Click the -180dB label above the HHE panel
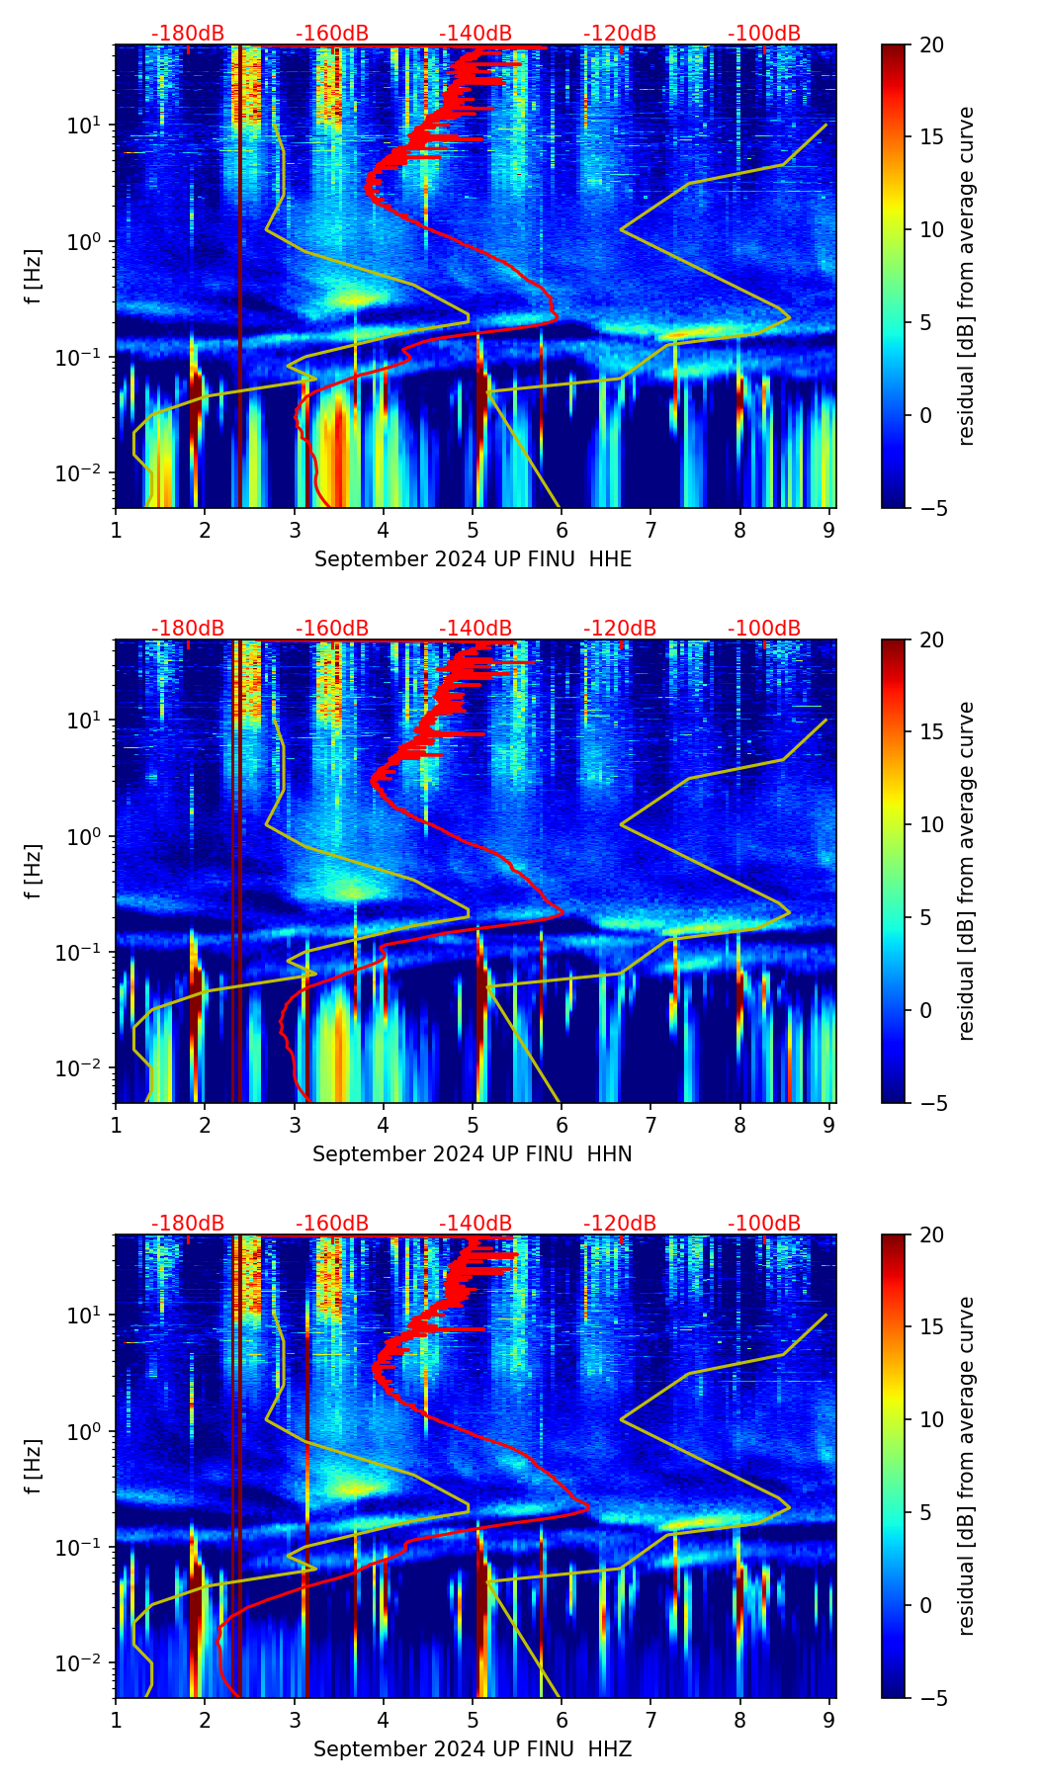click(188, 34)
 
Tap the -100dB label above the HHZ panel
click(764, 1224)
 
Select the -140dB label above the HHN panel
click(476, 629)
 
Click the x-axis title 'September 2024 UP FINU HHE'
click(473, 559)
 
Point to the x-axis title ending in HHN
click(473, 1154)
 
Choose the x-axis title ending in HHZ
click(473, 1749)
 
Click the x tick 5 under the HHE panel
click(473, 530)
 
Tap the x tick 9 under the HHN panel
click(829, 1125)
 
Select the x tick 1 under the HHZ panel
click(116, 1720)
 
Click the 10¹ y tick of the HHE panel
click(81, 126)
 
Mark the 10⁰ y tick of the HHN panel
click(81, 837)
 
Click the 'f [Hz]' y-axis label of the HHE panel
click(34, 277)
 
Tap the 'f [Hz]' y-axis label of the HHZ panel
click(34, 1467)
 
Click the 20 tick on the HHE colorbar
click(931, 44)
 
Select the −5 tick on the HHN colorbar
click(931, 1103)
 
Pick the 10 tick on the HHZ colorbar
click(931, 1420)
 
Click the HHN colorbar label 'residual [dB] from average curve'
click(967, 871)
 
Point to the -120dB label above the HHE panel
click(620, 34)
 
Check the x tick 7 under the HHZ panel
click(650, 1720)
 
